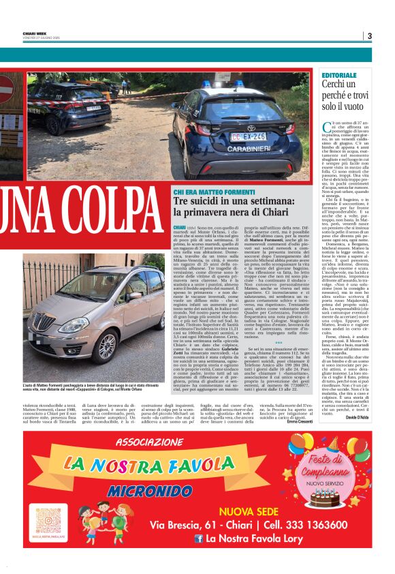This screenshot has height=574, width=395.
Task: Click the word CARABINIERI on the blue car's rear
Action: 248,125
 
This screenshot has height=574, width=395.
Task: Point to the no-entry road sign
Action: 5,89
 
